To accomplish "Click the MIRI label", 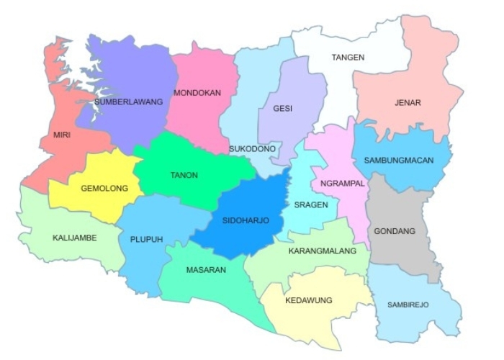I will [62, 135].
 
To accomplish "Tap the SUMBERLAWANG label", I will [128, 102].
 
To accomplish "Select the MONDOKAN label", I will [196, 93].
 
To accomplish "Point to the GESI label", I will [283, 109].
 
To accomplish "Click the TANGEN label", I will [348, 57].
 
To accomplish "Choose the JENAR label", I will [408, 102].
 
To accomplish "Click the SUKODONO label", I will [252, 148].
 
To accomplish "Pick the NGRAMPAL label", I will [343, 183].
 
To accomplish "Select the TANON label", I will [184, 175].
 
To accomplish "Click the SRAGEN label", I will [311, 204].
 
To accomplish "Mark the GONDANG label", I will [395, 231].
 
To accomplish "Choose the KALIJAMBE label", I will [74, 237].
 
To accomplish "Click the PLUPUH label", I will [147, 239].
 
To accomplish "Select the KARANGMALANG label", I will [322, 251].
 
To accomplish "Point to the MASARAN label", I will [207, 270].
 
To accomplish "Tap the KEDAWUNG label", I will [308, 300].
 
